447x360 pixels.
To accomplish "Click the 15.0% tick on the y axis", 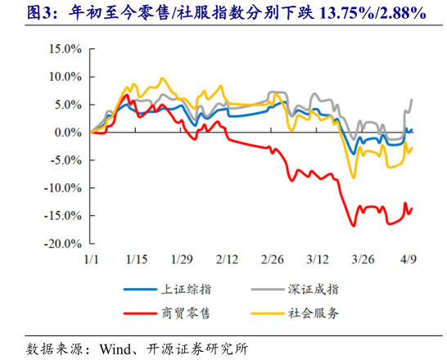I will click(x=65, y=49).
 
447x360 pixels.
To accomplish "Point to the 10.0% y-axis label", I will click(x=65, y=77).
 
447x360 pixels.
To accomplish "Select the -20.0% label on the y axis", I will click(x=63, y=244).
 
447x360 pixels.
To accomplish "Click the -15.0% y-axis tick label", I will click(x=63, y=216).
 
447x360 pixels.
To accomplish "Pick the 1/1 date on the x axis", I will click(x=92, y=259).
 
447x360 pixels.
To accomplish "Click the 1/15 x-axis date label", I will click(x=138, y=259).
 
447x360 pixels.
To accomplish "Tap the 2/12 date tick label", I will click(x=228, y=259).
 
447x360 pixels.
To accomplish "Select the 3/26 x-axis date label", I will click(x=363, y=259).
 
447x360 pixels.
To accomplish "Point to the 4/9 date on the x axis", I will click(x=408, y=259).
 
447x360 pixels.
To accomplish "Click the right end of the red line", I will click(x=412, y=208).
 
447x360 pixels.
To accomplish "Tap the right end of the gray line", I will click(x=412, y=100).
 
